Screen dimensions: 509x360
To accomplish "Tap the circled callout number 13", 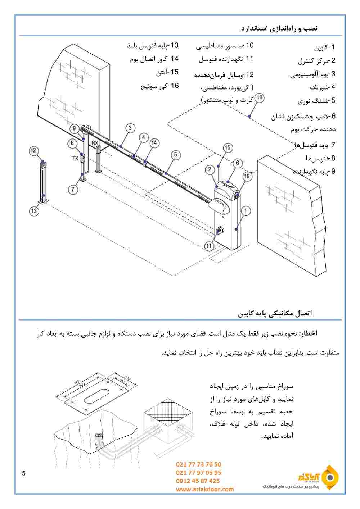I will [34, 211].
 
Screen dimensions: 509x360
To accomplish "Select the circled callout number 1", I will [246, 211].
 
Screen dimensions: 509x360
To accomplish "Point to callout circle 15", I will [227, 147].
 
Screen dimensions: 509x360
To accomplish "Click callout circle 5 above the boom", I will [175, 155].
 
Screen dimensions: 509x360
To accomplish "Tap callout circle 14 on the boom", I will [154, 143].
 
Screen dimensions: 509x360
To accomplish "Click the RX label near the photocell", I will [95, 143].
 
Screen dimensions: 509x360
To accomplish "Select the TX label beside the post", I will [75, 158].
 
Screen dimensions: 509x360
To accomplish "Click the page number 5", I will [24, 473].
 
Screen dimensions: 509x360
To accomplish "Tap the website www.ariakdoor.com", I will [205, 489].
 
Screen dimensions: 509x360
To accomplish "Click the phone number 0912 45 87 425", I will [198, 481].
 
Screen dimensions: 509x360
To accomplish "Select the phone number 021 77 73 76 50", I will [199, 465].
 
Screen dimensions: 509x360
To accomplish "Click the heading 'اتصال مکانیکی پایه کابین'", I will [275, 313].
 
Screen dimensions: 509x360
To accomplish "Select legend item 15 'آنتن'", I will [167, 72].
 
